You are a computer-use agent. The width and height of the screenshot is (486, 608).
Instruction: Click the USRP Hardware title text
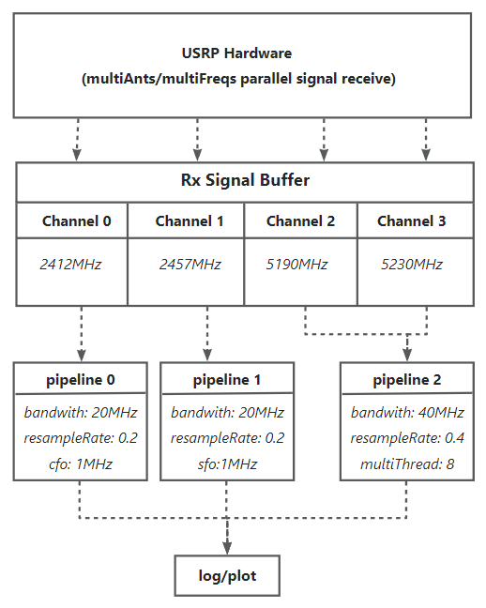coord(236,53)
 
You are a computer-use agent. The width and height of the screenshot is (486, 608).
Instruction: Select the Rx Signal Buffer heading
coord(245,180)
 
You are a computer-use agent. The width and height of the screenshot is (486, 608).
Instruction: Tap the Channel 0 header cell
coord(72,220)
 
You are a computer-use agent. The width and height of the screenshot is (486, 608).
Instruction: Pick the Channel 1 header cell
coord(186,220)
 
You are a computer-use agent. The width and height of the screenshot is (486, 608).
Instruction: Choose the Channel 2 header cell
coord(300,220)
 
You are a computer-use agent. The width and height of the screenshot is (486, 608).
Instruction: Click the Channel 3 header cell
coord(416,220)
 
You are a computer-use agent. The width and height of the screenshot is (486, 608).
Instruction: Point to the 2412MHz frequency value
coord(70,265)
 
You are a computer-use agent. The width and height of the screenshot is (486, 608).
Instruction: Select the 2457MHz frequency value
coord(190,265)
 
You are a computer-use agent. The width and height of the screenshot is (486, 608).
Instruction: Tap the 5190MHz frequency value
coord(296,265)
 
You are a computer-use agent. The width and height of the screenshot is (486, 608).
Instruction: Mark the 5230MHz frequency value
coord(412,265)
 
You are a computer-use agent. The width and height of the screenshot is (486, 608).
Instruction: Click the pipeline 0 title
coord(81,380)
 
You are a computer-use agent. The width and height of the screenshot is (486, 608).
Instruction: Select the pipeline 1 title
coord(227,380)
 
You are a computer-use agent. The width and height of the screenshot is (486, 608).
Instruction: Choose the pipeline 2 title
coord(407,380)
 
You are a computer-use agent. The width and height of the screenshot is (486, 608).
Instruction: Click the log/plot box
coord(227,575)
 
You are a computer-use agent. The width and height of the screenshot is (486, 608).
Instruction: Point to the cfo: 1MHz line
coord(81,464)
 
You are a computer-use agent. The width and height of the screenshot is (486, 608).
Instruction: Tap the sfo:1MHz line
coord(227,464)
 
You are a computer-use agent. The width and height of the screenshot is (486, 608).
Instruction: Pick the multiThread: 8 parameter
coord(407,464)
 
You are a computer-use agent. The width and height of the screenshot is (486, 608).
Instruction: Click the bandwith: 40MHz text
coord(407,412)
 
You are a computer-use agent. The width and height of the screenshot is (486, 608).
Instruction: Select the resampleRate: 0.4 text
coord(407,438)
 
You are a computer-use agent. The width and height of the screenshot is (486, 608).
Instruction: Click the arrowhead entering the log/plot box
coord(227,548)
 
